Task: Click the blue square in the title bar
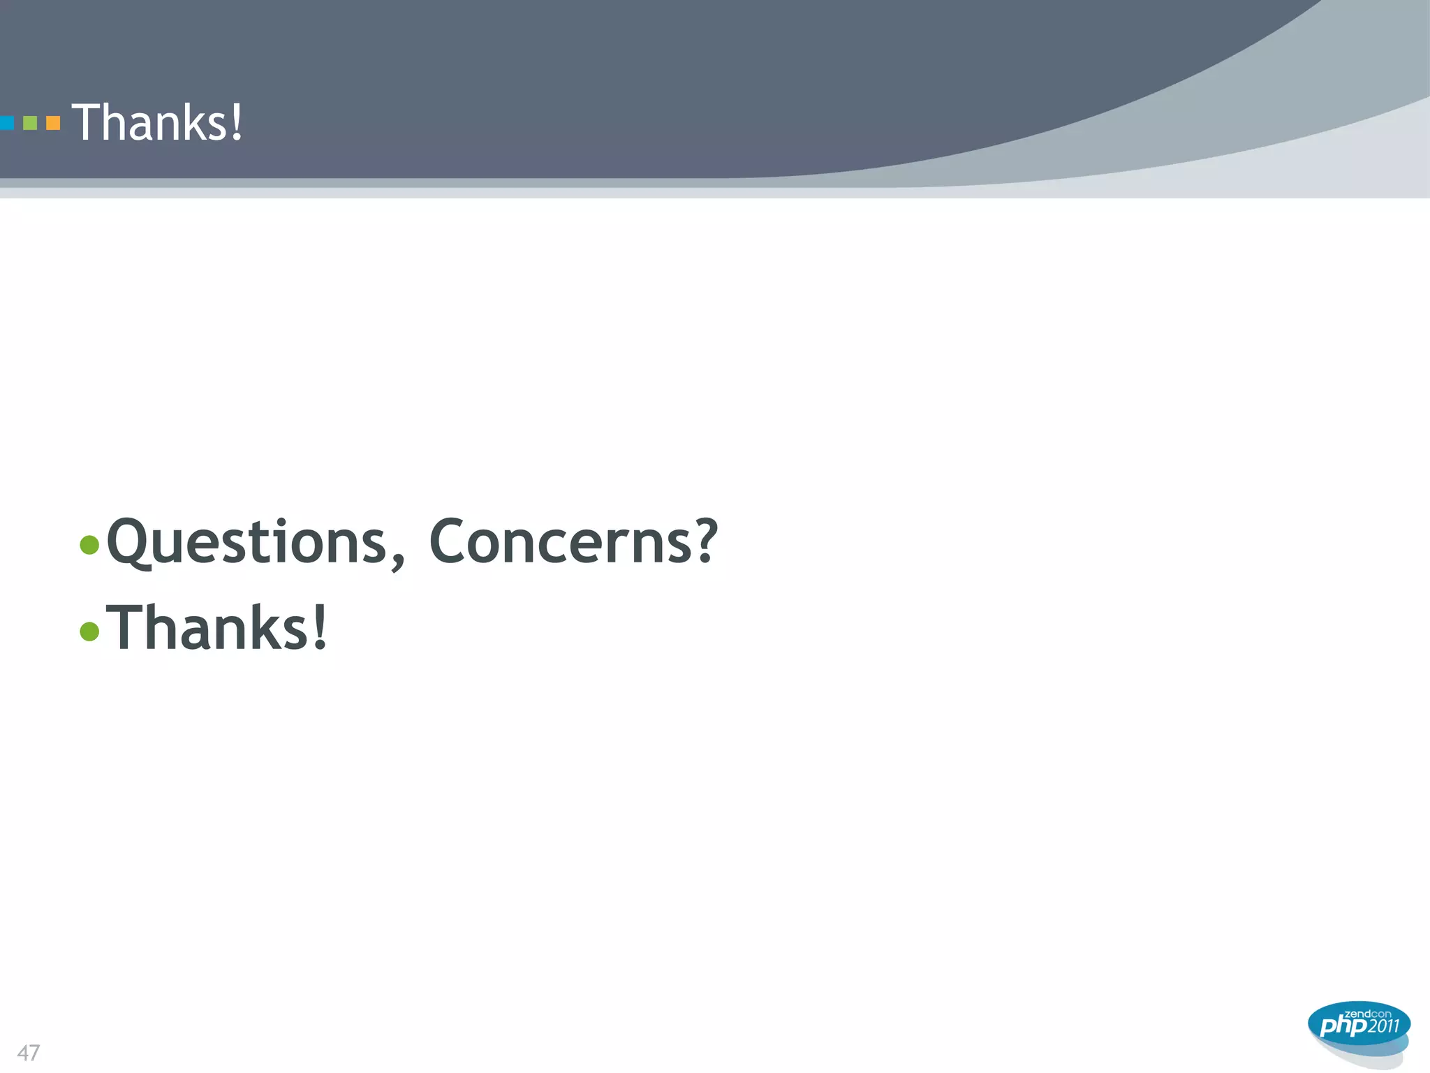coord(6,124)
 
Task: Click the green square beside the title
coord(30,124)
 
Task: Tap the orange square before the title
coord(53,124)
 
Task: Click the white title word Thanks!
coord(157,122)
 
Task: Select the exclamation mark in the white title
coord(237,122)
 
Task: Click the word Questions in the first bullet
coord(246,542)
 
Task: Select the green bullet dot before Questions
coord(89,544)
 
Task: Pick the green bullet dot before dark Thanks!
coord(89,631)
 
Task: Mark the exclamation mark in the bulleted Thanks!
coord(319,627)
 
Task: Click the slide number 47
coord(29,1053)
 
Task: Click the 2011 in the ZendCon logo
coord(1383,1025)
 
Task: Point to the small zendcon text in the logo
coord(1368,1014)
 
